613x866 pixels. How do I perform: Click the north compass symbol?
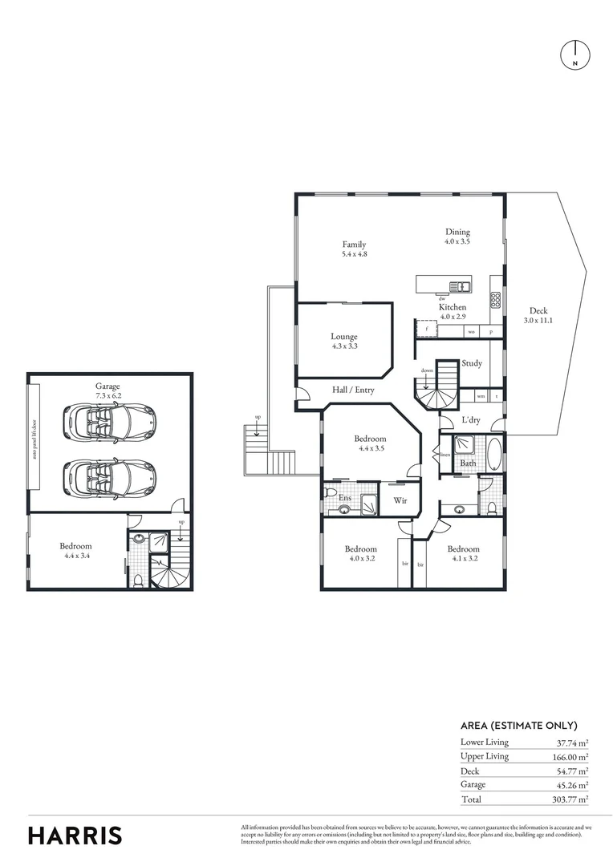tap(574, 54)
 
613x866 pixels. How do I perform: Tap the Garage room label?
tap(108, 386)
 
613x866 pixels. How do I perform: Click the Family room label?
tap(354, 245)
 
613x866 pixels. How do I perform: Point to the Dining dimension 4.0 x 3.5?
tap(457, 241)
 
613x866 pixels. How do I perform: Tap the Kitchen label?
tap(452, 307)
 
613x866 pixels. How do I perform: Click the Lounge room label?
tap(343, 337)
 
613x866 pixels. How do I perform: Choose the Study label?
tap(472, 363)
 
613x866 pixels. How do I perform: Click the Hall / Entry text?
tap(354, 390)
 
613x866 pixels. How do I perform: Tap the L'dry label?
tap(470, 421)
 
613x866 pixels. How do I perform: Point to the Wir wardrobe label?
tap(399, 502)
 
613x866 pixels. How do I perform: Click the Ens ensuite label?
tap(345, 499)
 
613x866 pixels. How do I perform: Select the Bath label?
tap(468, 463)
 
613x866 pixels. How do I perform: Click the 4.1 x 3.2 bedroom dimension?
tap(465, 559)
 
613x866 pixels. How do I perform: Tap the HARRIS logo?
tap(75, 836)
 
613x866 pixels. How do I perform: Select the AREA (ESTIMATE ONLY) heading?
tap(518, 725)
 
